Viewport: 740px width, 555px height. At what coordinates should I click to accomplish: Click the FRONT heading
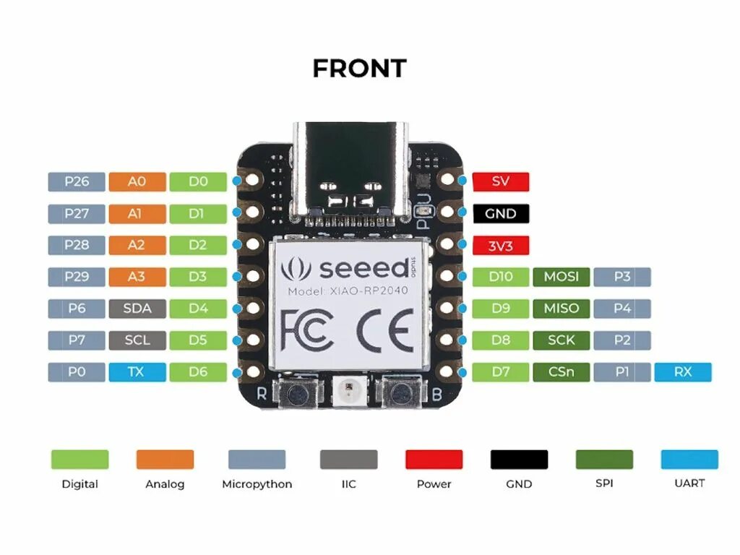pos(359,69)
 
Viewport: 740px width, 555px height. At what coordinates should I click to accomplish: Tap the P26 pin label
pos(77,181)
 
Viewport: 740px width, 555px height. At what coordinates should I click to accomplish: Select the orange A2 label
pos(137,245)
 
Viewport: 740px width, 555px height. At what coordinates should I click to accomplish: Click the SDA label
pos(137,309)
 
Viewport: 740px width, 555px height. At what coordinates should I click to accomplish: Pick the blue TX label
pos(137,372)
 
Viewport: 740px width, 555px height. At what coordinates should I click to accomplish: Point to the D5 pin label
pos(197,340)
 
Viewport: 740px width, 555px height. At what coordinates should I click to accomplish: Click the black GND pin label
pos(500,213)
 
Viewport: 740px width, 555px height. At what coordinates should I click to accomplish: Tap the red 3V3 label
pos(500,245)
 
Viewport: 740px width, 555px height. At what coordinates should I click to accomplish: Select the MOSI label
pos(561,277)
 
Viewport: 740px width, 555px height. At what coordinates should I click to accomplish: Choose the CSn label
pos(561,372)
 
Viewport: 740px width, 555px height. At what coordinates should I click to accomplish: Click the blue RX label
pos(682,372)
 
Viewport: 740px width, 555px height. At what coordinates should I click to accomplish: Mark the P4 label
pos(621,309)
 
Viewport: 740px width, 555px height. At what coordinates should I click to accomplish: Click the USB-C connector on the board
pos(352,173)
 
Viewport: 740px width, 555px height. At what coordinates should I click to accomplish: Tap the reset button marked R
pos(296,394)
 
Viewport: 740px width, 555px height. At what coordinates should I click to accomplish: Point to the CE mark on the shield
pos(384,330)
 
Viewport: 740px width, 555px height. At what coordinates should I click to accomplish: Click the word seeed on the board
pos(354,268)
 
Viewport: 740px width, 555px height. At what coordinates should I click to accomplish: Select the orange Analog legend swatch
pos(165,460)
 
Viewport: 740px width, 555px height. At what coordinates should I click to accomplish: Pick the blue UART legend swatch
pos(689,460)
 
